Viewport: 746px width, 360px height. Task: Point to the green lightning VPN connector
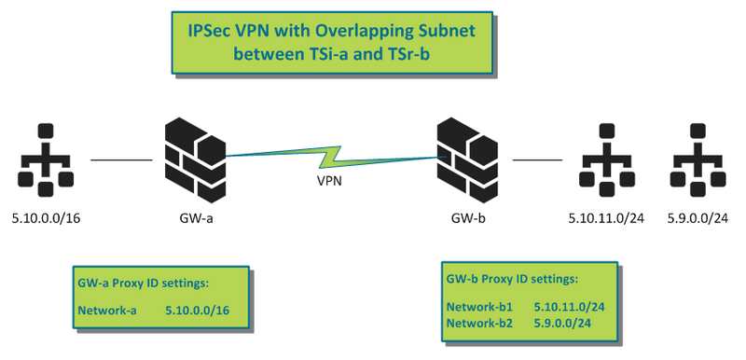click(x=331, y=152)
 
